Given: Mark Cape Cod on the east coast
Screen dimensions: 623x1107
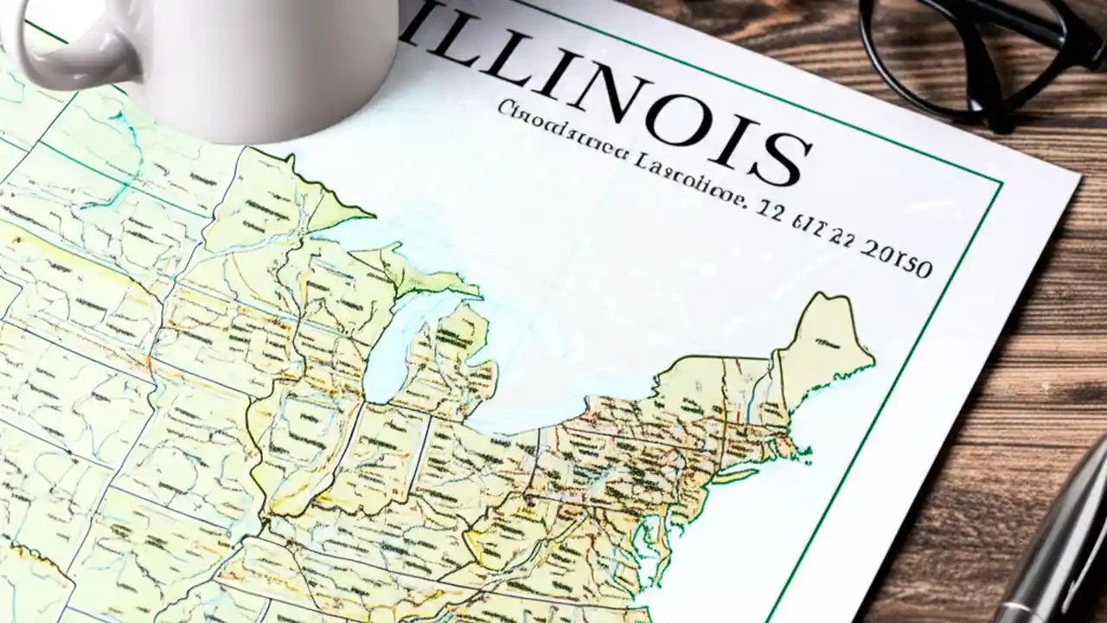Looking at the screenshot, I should pyautogui.click(x=800, y=450).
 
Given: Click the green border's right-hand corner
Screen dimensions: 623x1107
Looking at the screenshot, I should pyautogui.click(x=1000, y=183).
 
